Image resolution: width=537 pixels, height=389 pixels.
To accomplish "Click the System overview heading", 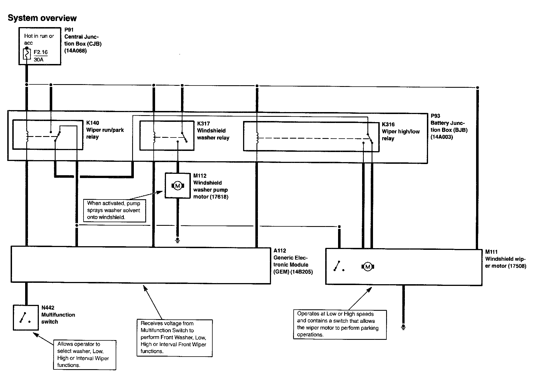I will point(42,18).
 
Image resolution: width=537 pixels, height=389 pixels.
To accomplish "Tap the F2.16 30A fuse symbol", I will point(27,54).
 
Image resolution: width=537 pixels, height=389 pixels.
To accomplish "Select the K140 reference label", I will point(92,123).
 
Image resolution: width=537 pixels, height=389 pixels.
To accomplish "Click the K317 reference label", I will point(203,124).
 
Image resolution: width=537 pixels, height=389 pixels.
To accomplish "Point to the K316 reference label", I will point(388,124).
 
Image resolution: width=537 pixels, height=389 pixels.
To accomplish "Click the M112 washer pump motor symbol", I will point(178,186).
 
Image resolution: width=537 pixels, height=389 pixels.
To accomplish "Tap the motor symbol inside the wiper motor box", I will point(368,267).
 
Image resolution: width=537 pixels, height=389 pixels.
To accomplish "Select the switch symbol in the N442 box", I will point(25,318).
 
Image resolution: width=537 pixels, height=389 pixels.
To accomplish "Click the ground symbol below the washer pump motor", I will point(177,240).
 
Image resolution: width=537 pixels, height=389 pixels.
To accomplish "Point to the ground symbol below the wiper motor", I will point(403,327).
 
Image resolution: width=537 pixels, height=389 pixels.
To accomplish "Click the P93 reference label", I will point(435,116).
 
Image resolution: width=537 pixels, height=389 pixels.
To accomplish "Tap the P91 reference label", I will point(69,30).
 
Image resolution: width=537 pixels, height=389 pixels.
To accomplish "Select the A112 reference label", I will point(280,251).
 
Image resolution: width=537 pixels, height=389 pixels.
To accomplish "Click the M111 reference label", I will point(491,252).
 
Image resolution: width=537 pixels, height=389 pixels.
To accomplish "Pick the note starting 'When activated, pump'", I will point(114,210).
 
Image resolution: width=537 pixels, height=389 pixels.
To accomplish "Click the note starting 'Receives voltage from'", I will point(174,338).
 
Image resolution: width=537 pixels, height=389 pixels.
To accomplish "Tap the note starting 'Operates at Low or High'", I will point(339,324).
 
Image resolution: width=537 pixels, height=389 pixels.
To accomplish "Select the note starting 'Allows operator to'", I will point(84,355).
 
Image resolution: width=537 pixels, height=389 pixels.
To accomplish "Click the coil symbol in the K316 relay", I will point(257,137).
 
